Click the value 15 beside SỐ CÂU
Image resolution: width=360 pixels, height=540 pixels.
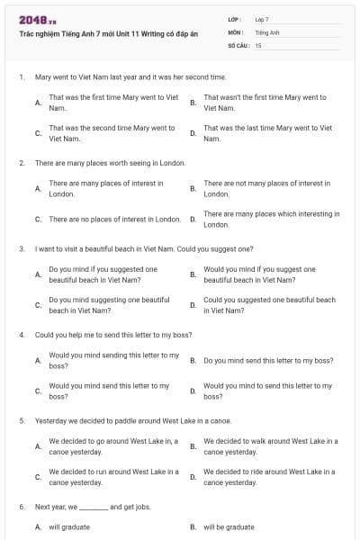[x=258, y=44]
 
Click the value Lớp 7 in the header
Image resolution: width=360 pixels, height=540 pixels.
[x=262, y=19]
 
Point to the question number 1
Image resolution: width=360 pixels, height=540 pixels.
[x=21, y=78]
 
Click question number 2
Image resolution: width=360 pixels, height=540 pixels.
[x=21, y=163]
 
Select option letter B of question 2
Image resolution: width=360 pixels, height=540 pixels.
[x=193, y=188]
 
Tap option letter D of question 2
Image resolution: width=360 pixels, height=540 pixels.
[x=193, y=219]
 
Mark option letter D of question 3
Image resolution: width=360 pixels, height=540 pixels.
[x=193, y=305]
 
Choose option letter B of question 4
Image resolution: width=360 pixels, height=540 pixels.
[x=193, y=360]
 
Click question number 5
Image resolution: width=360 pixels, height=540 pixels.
[x=21, y=420]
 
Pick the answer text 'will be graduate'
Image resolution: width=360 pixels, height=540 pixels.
[x=229, y=527]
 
